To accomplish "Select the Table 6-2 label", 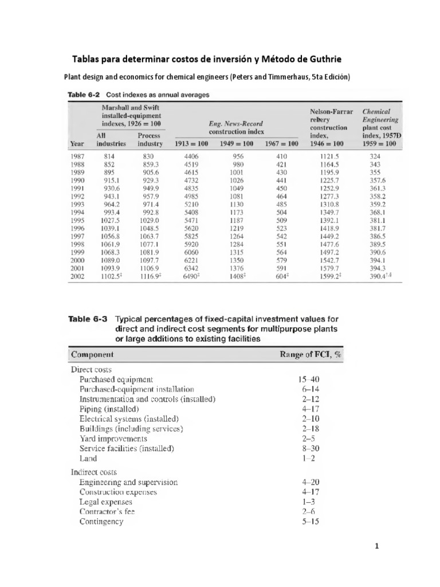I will click(x=85, y=95).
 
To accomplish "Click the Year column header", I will click(x=78, y=143).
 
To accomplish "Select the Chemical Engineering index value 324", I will click(x=376, y=155).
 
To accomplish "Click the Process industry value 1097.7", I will click(x=148, y=259).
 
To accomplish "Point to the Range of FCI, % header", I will click(x=311, y=354).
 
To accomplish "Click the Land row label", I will click(x=88, y=458).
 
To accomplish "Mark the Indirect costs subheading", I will click(x=93, y=472).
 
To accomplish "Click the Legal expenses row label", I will click(x=105, y=502).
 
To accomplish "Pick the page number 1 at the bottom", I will click(x=377, y=546).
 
